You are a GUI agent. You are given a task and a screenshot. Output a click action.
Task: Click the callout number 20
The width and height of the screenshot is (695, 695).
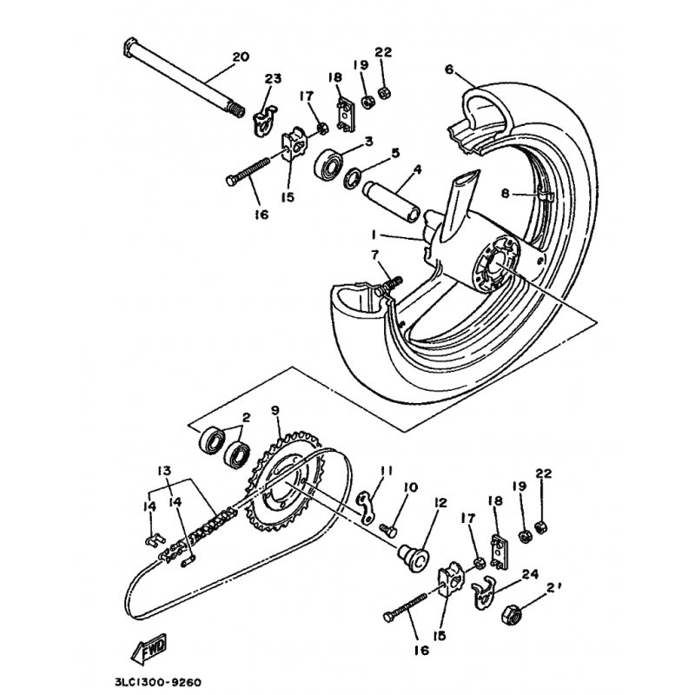click(241, 57)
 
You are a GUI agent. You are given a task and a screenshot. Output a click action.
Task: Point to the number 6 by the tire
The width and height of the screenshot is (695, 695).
click(449, 69)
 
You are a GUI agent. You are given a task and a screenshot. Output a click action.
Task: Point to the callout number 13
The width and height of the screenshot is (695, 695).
click(164, 471)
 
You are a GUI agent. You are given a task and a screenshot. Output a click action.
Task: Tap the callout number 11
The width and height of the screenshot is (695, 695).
click(387, 471)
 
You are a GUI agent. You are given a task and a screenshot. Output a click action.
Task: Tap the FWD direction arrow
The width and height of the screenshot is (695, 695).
click(148, 647)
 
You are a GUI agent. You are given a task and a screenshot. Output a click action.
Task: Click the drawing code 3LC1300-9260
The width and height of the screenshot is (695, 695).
click(162, 682)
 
